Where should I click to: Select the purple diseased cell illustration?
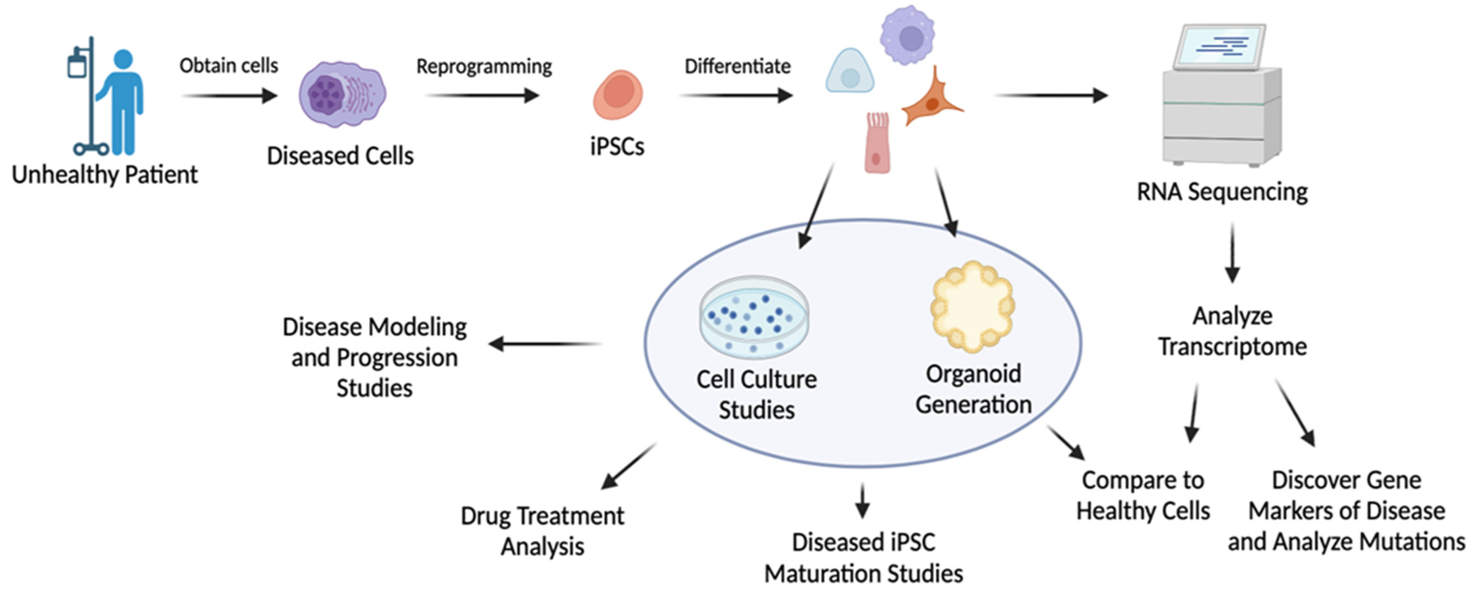tap(342, 94)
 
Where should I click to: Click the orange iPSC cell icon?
tap(618, 94)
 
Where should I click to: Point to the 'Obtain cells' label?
tap(229, 66)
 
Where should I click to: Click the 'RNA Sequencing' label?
tap(1222, 192)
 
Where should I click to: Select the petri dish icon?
tap(754, 317)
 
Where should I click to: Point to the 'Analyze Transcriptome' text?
tap(1232, 332)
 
